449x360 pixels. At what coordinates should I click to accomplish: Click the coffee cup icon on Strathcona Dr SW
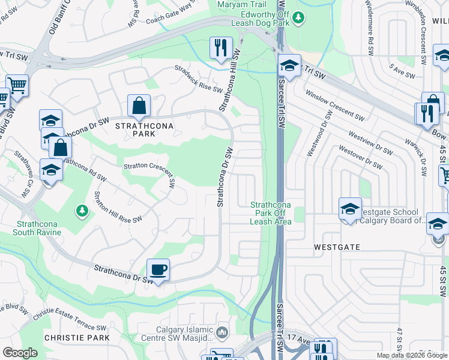[158, 269]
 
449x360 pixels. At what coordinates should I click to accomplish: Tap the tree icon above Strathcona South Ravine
[82, 211]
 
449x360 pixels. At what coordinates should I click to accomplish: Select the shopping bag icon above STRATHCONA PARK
[139, 106]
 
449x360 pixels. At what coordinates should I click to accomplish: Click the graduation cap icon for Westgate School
[350, 209]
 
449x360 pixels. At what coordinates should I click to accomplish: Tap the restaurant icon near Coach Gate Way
[220, 47]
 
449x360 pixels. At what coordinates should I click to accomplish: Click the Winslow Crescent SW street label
[335, 104]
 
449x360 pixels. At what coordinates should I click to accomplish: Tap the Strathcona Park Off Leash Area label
[271, 213]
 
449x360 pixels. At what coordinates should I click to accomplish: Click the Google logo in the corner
[20, 353]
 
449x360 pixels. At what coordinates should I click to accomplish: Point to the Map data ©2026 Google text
[412, 355]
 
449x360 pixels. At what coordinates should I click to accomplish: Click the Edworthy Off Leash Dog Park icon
[299, 19]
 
